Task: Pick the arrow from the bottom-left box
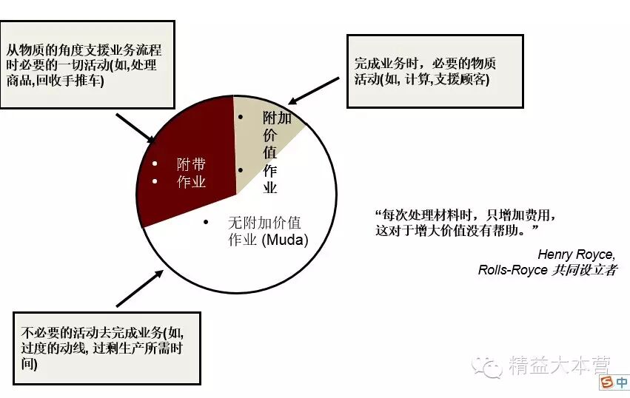pyautogui.click(x=138, y=288)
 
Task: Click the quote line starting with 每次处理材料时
pyautogui.click(x=465, y=215)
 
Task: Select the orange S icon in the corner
pyautogui.click(x=606, y=382)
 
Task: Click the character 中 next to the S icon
pyautogui.click(x=620, y=382)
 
